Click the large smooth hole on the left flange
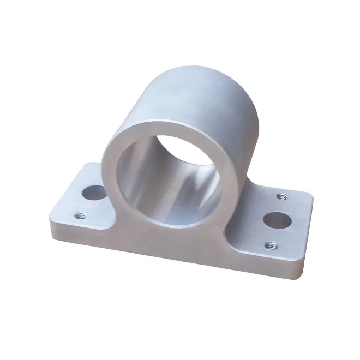94,193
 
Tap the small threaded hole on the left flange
81,215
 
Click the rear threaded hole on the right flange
281,196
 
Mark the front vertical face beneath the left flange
82,232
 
